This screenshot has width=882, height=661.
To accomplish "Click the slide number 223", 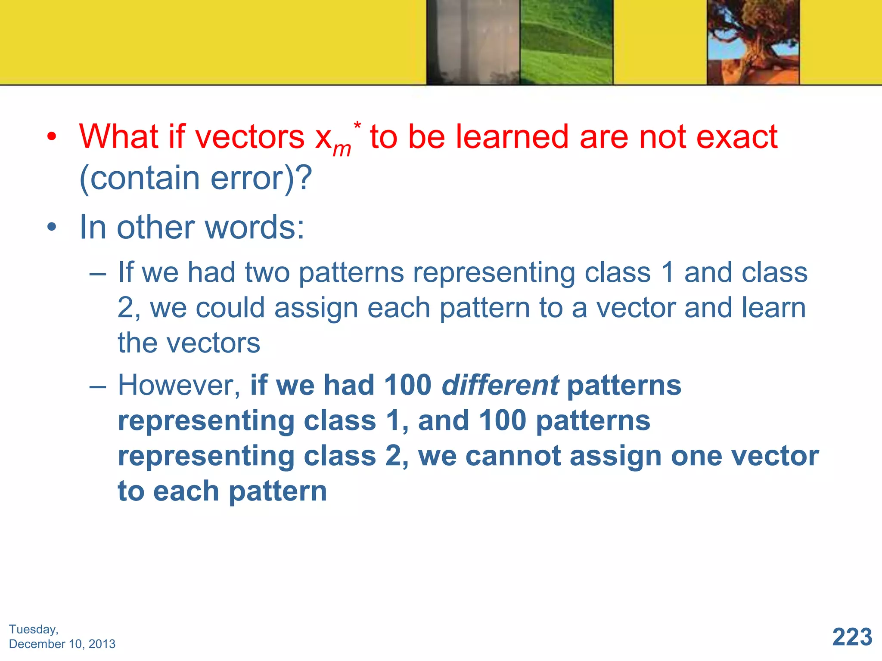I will click(x=852, y=637).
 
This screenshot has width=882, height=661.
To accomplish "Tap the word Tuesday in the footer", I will click(x=33, y=629).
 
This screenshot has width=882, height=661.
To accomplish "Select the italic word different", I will click(x=500, y=385).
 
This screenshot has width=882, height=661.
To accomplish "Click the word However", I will click(x=179, y=385).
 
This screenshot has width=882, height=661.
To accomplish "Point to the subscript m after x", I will click(x=342, y=149).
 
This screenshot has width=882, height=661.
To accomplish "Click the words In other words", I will click(x=192, y=227).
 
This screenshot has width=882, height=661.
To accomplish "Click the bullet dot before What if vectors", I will click(x=52, y=137).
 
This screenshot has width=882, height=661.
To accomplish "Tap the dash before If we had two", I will click(x=98, y=273).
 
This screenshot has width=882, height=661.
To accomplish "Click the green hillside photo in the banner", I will click(x=566, y=42).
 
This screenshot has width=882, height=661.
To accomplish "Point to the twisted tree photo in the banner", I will click(x=753, y=42).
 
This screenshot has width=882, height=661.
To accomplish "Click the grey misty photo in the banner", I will click(x=473, y=42).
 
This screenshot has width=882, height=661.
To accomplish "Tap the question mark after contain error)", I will click(x=304, y=178).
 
